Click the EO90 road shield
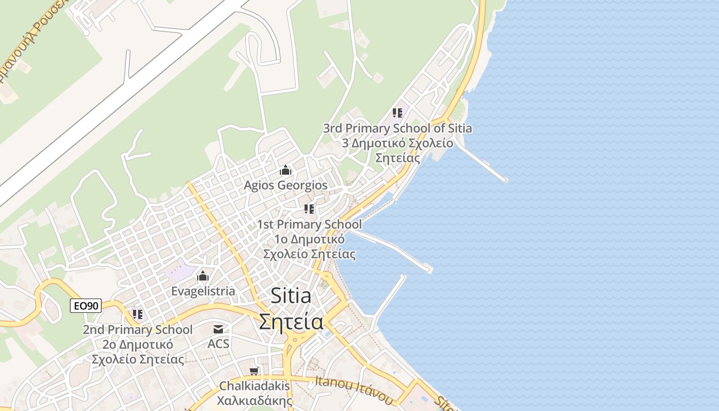[86, 306]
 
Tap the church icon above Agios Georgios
[286, 170]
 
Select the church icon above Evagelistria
[203, 276]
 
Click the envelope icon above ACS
[218, 329]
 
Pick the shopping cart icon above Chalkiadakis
[254, 370]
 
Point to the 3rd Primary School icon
[397, 113]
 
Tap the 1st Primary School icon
[309, 209]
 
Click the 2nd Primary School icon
[137, 314]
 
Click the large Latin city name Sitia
[291, 296]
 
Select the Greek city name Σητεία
[291, 322]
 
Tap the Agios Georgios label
[286, 185]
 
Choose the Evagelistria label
[203, 291]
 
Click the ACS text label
[218, 344]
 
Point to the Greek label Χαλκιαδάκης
[255, 401]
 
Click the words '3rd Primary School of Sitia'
[397, 128]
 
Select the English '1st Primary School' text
[309, 225]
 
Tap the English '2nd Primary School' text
[138, 330]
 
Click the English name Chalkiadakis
[255, 386]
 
